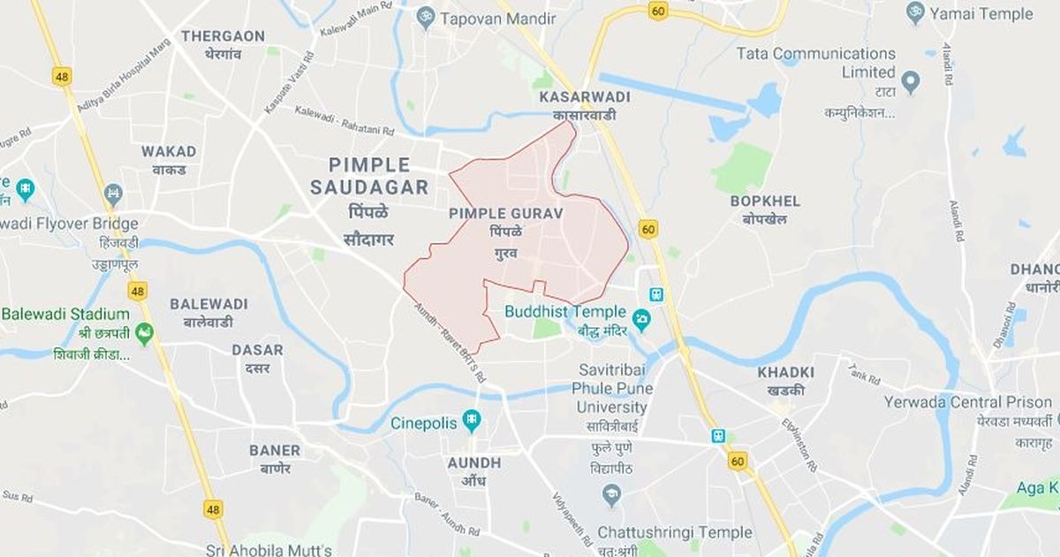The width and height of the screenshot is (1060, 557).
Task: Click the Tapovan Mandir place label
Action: pyautogui.click(x=497, y=18)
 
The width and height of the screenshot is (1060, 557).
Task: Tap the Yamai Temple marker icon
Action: pyautogui.click(x=915, y=13)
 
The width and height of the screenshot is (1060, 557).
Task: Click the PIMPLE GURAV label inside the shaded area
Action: pyautogui.click(x=506, y=213)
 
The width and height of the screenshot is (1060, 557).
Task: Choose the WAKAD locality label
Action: pyautogui.click(x=169, y=151)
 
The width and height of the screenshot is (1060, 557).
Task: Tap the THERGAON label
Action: pyautogui.click(x=223, y=36)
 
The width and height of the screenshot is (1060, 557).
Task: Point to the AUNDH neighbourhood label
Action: pyautogui.click(x=474, y=463)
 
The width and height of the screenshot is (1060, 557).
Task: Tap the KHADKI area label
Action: pyautogui.click(x=785, y=372)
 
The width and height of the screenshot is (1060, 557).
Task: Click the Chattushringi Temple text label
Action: pyautogui.click(x=674, y=532)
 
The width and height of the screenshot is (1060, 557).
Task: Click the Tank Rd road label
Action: pyautogui.click(x=864, y=374)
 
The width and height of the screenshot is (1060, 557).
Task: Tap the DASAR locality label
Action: pyautogui.click(x=257, y=349)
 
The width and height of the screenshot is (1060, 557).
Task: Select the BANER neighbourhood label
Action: pyautogui.click(x=275, y=450)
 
